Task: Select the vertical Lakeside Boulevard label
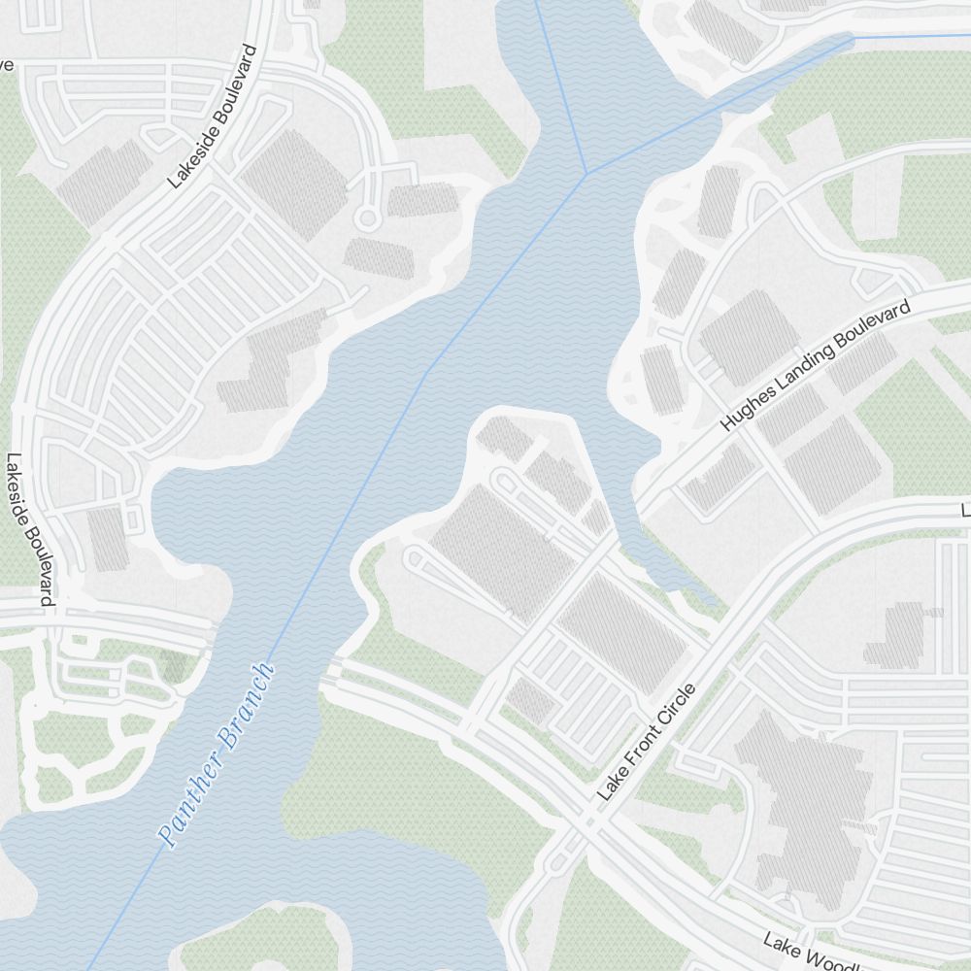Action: (28, 530)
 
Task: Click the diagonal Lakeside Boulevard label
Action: (211, 117)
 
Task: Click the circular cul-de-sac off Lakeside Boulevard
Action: (366, 218)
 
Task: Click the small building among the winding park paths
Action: (175, 666)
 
